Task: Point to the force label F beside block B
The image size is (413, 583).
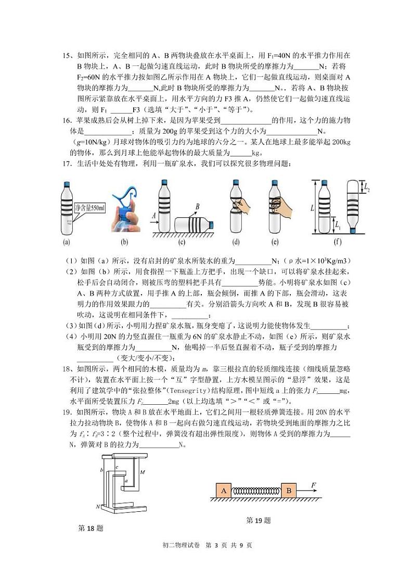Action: pos(314,485)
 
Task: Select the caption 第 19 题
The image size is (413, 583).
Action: pos(259,520)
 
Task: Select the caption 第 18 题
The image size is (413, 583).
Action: pos(91,528)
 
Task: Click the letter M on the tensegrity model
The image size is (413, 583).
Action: pos(143,472)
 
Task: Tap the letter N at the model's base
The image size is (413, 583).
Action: pos(97,506)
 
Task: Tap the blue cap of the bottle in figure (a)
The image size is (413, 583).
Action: pos(67,184)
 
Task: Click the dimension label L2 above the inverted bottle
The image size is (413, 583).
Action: pos(368,187)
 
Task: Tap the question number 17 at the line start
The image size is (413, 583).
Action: pos(66,164)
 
